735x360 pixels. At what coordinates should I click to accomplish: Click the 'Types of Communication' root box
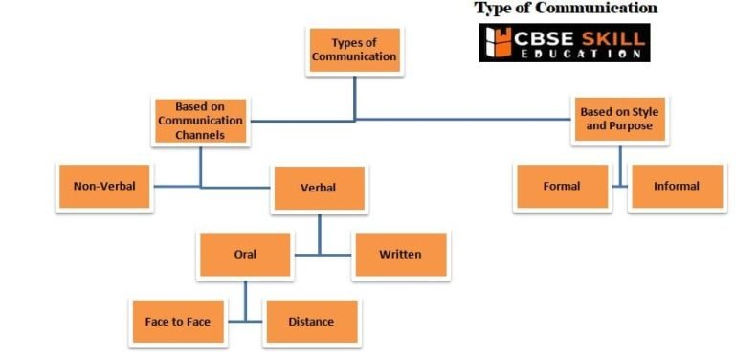355,50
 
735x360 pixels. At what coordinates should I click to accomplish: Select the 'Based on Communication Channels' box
200,121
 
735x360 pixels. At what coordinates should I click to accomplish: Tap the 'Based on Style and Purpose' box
619,119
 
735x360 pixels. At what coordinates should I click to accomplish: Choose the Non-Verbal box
104,187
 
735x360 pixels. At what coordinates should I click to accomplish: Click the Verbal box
319,188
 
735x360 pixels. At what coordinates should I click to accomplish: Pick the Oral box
245,255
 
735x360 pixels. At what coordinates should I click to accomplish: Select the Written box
400,255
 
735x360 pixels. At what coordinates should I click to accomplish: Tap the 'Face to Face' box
178,322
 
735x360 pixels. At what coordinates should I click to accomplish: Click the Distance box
311,322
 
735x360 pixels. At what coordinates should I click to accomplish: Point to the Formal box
562,186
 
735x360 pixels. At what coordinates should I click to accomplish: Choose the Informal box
677,186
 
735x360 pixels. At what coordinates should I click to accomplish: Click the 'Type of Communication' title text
566,9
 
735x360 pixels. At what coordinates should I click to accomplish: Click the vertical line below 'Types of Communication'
355,96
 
